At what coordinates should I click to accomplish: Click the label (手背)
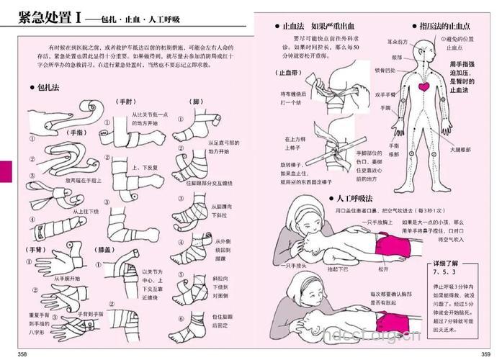[x=37, y=249]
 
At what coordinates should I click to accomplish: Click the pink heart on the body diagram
[x=424, y=86]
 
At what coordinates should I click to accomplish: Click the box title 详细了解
[x=447, y=264]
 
